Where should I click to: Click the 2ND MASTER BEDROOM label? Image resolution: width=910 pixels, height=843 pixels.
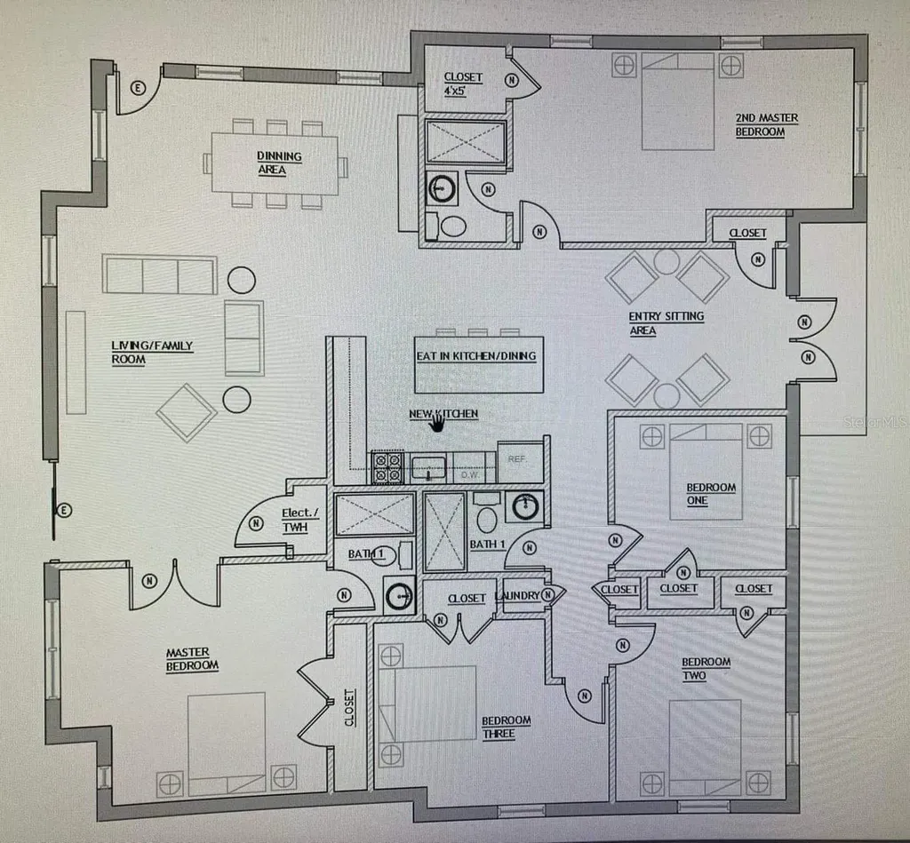tap(767, 124)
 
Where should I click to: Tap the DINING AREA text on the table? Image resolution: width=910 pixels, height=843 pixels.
tap(279, 163)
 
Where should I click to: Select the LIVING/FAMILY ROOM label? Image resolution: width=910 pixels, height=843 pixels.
tap(152, 352)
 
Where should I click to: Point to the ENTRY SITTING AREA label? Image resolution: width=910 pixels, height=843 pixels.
tap(667, 323)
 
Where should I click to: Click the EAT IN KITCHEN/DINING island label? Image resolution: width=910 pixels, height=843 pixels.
tap(476, 355)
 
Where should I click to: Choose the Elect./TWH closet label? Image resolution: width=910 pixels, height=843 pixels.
tap(300, 520)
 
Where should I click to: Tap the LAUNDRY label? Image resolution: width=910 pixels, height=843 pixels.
tap(517, 596)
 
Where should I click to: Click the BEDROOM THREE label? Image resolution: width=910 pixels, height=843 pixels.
tap(506, 727)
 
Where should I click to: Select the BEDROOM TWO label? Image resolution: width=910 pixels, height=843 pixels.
tap(706, 668)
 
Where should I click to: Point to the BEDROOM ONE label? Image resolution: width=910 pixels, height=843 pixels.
tap(711, 494)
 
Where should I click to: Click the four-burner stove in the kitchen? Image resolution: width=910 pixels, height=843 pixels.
tap(387, 467)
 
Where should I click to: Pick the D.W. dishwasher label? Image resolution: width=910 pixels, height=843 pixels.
tap(469, 474)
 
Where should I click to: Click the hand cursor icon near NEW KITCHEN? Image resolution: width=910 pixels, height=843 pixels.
tap(437, 422)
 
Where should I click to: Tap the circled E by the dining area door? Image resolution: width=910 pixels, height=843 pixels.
tap(138, 88)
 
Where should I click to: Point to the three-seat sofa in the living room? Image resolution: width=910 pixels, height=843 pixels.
tap(160, 274)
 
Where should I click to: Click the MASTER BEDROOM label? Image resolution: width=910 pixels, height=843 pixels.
tap(192, 659)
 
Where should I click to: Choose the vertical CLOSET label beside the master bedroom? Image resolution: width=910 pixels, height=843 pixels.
tap(349, 707)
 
